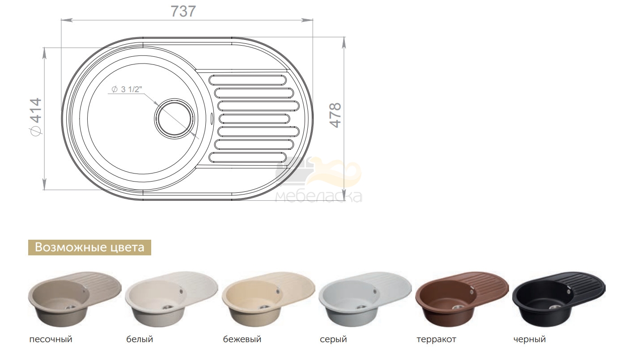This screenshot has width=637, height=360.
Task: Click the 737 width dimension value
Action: [x=183, y=12]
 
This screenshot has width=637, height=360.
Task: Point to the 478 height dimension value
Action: [x=335, y=115]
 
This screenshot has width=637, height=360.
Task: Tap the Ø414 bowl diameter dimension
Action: [x=37, y=117]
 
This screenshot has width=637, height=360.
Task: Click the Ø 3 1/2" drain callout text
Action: [x=126, y=89]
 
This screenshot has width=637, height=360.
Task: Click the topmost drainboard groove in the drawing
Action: [x=247, y=80]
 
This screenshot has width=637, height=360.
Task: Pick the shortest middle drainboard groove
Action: [x=255, y=119]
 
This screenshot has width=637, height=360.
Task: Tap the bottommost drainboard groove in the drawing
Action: [x=247, y=157]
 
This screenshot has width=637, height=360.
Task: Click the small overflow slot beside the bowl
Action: [x=211, y=119]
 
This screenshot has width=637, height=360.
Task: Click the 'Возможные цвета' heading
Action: [x=89, y=247]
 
